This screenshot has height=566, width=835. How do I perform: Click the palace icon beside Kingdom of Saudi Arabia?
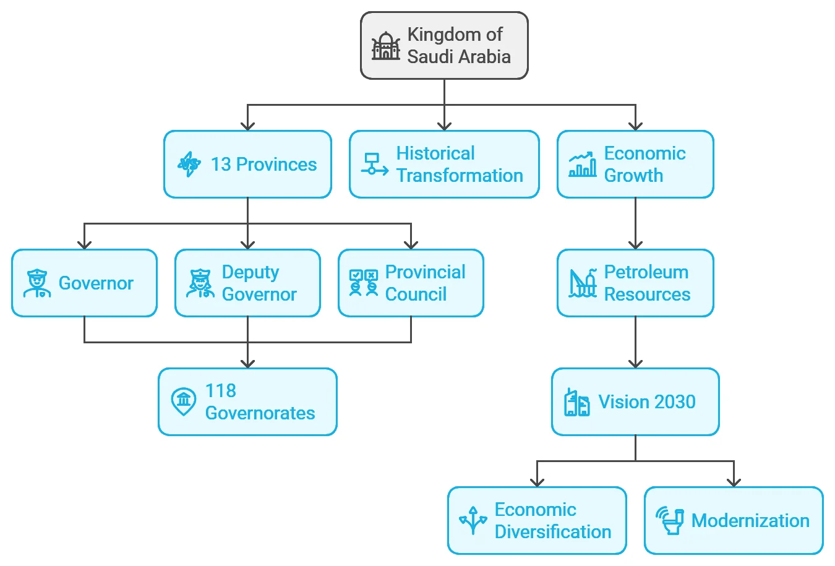point(386,46)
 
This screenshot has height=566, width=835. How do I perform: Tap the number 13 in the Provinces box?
point(221,165)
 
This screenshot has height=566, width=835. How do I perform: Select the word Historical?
point(435,153)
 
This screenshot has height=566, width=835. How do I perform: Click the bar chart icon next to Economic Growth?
point(582,164)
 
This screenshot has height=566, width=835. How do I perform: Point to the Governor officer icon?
point(37,283)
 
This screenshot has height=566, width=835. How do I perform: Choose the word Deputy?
point(250,273)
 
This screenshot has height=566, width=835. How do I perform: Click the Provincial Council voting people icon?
point(364,283)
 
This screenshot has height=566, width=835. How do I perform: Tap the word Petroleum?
point(646,272)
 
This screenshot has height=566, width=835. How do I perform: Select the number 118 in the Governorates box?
point(221,391)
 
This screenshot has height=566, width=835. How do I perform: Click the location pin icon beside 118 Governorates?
point(184,401)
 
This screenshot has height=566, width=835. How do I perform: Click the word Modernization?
point(750,520)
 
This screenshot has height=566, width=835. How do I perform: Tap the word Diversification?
point(553,532)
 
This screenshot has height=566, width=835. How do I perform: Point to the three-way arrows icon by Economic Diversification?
point(473,520)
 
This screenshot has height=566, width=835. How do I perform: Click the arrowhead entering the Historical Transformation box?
point(444,126)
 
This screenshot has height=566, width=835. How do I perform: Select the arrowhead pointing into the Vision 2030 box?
point(636,364)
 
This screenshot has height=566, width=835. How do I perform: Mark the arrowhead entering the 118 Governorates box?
point(247,364)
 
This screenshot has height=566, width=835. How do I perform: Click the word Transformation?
point(460,176)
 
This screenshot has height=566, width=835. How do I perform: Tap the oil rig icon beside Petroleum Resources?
point(582,283)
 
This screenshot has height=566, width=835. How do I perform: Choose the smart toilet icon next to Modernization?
point(670,520)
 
